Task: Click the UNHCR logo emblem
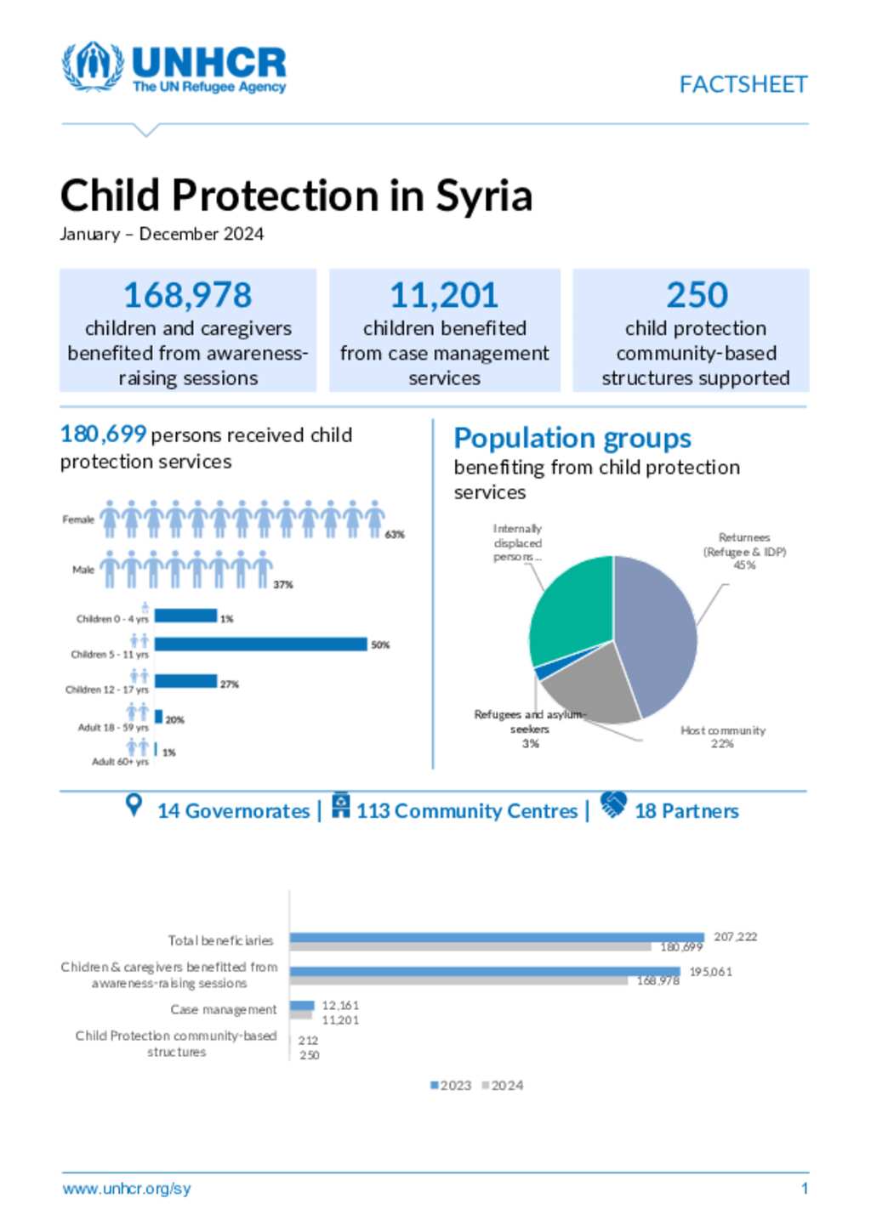[92, 65]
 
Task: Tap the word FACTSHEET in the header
[743, 84]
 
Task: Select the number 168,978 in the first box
[187, 295]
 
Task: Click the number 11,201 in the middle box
[444, 295]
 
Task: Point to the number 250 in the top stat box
[697, 295]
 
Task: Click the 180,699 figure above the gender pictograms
[103, 434]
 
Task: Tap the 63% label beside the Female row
[395, 535]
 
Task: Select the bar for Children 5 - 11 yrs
[260, 644]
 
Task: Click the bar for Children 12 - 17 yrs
[185, 681]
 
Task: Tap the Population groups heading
[572, 438]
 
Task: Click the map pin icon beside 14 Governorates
[134, 805]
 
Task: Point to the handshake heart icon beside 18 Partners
[612, 803]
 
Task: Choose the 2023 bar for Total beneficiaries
[497, 937]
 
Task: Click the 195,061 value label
[710, 972]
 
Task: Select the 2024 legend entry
[503, 1086]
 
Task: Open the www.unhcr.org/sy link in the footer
[127, 1189]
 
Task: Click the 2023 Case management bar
[302, 1006]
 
